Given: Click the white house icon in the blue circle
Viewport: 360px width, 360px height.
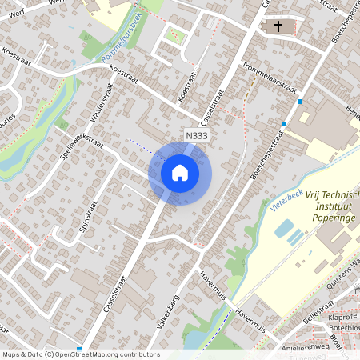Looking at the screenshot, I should (180, 173).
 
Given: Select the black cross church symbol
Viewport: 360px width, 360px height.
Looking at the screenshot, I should (278, 27).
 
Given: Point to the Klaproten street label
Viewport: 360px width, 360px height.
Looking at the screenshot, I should (344, 316).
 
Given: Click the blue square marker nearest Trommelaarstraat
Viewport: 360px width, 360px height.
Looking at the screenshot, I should (299, 102).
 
